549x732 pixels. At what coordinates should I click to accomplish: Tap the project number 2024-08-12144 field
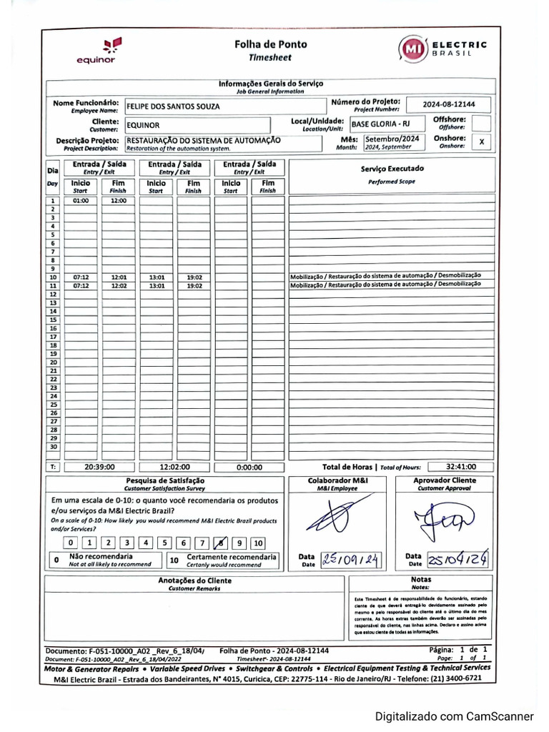click(448, 104)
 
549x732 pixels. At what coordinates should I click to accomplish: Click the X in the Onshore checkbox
click(482, 142)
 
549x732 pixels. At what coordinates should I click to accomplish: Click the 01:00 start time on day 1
click(81, 201)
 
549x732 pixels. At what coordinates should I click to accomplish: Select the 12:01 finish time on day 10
click(119, 277)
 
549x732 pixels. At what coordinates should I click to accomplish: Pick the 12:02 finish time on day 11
click(119, 285)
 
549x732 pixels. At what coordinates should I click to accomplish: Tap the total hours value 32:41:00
click(460, 466)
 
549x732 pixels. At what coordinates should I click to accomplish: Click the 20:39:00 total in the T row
click(99, 467)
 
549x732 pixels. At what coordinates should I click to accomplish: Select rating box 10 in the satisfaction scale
click(258, 543)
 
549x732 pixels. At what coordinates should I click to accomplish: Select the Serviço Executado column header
click(392, 169)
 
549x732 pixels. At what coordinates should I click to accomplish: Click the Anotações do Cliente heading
click(194, 581)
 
